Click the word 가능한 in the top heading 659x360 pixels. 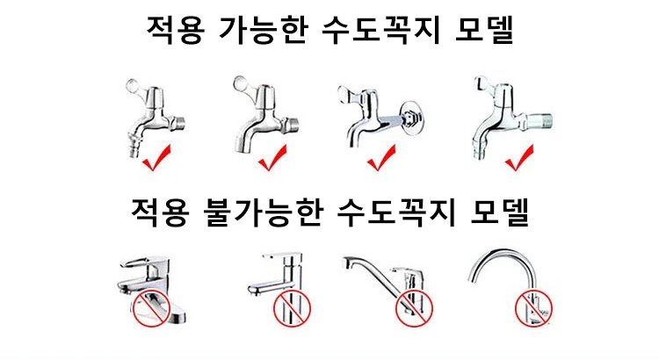(x=264, y=30)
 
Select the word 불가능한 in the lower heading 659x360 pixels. (x=264, y=213)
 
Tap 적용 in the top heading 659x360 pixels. (x=175, y=30)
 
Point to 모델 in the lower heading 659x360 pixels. (x=499, y=213)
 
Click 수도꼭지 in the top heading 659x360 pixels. (x=381, y=30)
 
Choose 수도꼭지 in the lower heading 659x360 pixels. (x=396, y=213)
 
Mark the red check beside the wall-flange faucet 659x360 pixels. (x=381, y=159)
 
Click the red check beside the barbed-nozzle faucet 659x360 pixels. (x=156, y=158)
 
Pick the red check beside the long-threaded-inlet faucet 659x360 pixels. (x=519, y=158)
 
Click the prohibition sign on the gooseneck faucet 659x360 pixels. (x=533, y=308)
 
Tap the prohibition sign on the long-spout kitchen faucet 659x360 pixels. (x=414, y=309)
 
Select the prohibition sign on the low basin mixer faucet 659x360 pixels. (x=151, y=309)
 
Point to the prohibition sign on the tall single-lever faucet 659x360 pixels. (x=293, y=309)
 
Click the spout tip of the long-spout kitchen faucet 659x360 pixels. (x=349, y=263)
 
